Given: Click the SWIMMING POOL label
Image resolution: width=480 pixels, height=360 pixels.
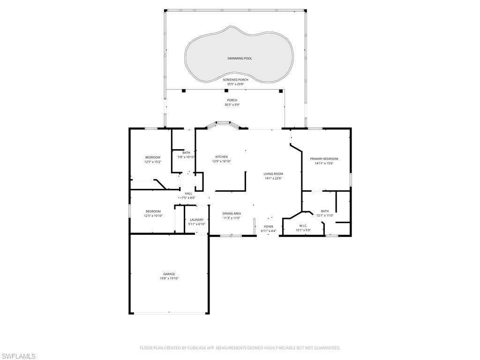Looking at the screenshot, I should [x=240, y=58].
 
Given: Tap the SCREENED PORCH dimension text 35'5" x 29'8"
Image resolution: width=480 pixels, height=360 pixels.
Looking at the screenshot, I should [x=236, y=84].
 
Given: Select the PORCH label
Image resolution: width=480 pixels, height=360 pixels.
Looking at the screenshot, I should [x=232, y=100].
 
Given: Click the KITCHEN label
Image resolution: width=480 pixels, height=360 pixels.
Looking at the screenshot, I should [x=222, y=157].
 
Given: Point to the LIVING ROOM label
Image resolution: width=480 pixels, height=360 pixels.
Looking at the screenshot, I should [x=273, y=174].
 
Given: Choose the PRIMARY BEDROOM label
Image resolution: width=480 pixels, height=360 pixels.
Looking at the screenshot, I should [x=324, y=159].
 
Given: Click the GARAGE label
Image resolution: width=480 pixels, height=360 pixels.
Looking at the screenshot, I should [x=169, y=274].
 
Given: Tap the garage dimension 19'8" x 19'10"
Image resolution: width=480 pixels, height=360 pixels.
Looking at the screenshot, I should [x=169, y=278].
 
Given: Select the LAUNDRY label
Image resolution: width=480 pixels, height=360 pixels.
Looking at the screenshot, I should [x=197, y=220].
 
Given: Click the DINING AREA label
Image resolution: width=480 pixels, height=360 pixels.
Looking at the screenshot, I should [x=232, y=214].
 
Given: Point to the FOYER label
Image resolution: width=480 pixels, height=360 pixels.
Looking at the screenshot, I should [x=269, y=227].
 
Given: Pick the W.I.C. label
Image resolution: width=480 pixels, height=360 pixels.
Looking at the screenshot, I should [x=303, y=226].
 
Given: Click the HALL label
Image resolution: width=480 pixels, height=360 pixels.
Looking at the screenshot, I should [x=188, y=194].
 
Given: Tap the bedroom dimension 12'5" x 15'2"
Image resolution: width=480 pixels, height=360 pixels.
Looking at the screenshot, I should [x=153, y=162].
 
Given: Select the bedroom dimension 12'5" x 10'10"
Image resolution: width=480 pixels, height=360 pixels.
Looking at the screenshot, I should [x=153, y=216].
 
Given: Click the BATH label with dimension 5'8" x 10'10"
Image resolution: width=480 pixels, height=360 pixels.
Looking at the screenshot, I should [x=187, y=153].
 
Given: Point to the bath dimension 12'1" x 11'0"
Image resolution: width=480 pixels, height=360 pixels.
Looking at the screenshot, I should [x=325, y=216].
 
